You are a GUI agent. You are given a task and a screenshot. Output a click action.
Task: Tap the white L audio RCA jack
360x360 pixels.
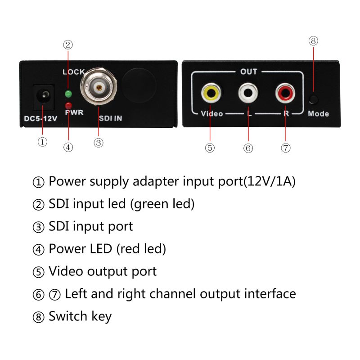pos(248,93)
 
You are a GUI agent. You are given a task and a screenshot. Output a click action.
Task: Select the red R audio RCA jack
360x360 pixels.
pos(285,93)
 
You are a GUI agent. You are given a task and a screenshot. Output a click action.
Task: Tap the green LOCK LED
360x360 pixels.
pos(68,94)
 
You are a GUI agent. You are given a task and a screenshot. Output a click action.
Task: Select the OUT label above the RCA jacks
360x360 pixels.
pos(248,72)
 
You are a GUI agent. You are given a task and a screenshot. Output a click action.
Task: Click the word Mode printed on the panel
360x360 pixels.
pos(318,114)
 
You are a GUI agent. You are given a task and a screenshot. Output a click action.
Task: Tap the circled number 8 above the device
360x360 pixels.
pos(314,41)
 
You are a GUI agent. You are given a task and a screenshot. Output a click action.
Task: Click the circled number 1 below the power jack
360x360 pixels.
pos(42,142)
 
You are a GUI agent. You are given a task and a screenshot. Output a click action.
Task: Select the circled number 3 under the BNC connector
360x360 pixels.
pos(99,143)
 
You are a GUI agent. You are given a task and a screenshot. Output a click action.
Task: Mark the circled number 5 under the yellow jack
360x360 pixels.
pos(210,148)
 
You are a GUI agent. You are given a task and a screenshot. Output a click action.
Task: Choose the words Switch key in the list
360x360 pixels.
pos(80,316)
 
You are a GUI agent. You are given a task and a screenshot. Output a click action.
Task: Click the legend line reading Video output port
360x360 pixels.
pos(103,271)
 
